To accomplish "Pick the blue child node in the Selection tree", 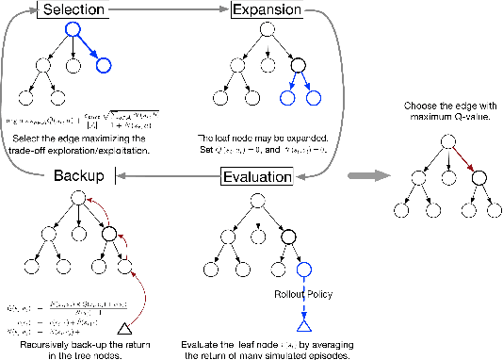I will (104, 65).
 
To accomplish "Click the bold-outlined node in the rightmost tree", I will (477, 176).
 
